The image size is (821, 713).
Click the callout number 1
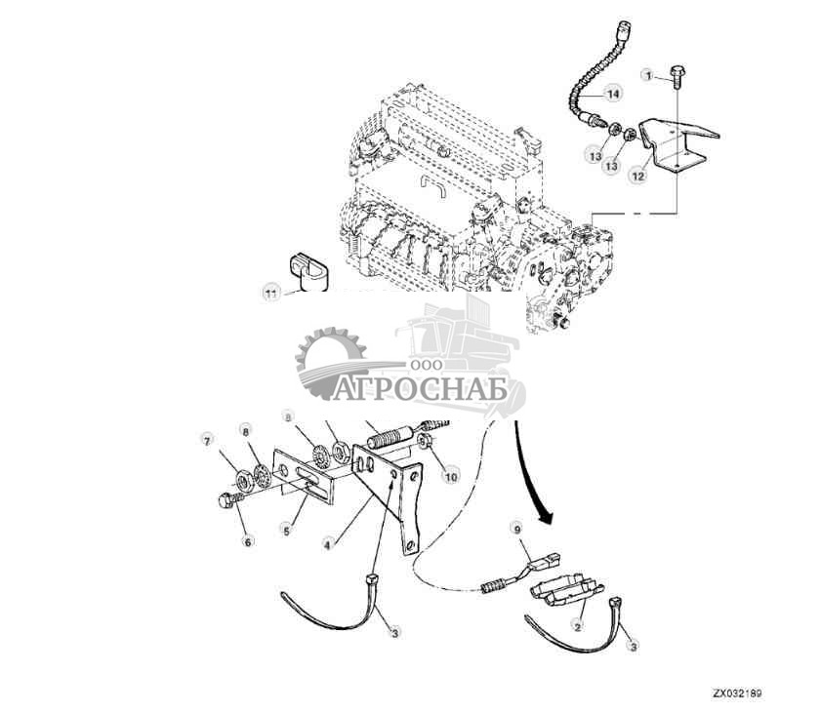pos(646,74)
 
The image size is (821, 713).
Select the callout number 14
pos(612,94)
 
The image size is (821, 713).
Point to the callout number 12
pos(636,177)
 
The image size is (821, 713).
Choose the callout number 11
pos(271,291)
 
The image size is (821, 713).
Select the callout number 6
pos(247,540)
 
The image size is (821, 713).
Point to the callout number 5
pos(287,530)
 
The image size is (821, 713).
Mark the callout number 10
pos(450,476)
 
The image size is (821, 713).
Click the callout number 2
pos(577,628)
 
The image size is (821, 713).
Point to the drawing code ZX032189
pos(736,694)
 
